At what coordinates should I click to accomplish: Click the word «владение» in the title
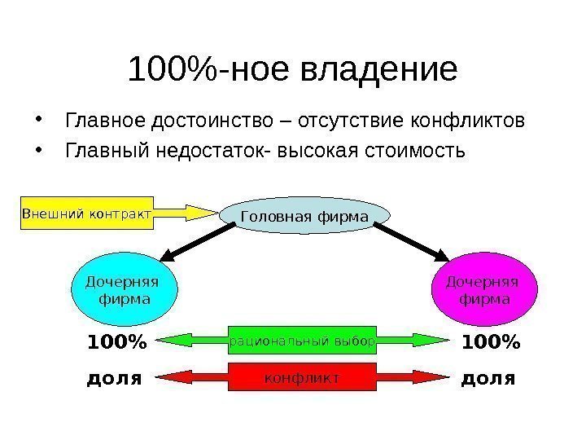point(380,71)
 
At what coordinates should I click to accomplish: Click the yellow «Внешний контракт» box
point(86,213)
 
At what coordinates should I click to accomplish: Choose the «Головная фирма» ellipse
point(304,215)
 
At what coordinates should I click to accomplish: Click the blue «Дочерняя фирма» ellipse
point(123,290)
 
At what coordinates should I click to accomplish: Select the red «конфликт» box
point(302,377)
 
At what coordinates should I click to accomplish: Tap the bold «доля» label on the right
point(488,378)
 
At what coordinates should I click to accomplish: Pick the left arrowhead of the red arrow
point(167,377)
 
